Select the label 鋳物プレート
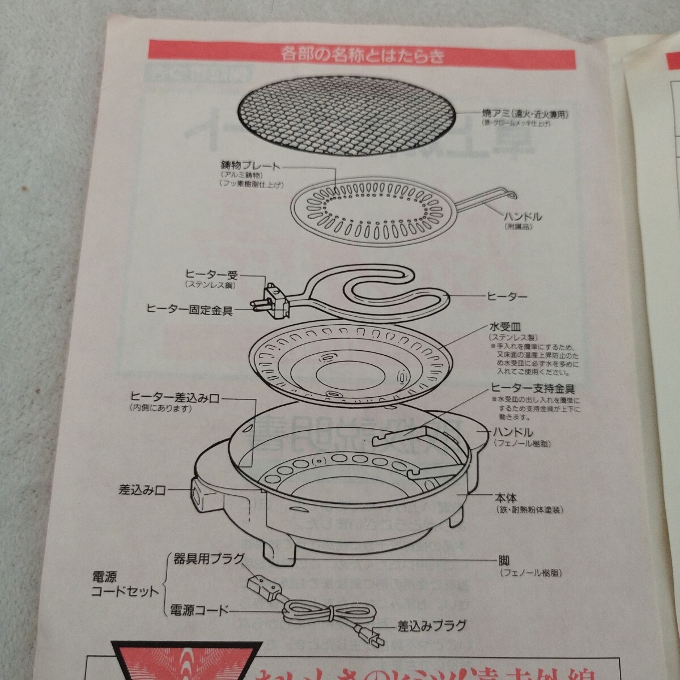click(250, 166)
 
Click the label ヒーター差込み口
click(175, 398)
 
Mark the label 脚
click(504, 562)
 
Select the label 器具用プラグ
click(206, 558)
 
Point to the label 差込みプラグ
click(432, 626)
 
